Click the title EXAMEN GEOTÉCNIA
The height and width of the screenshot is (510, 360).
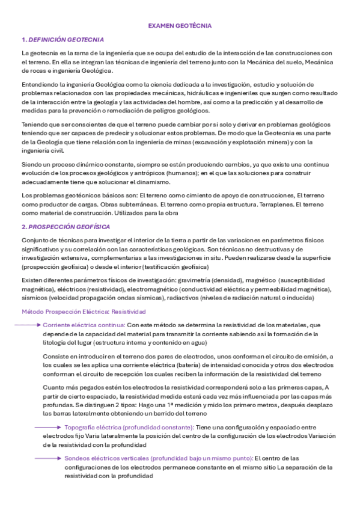(180, 26)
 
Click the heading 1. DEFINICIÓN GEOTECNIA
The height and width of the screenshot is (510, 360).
(63, 40)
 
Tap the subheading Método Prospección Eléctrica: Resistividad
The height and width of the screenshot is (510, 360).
(84, 312)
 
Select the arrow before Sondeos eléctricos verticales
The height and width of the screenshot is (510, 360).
(47, 458)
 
